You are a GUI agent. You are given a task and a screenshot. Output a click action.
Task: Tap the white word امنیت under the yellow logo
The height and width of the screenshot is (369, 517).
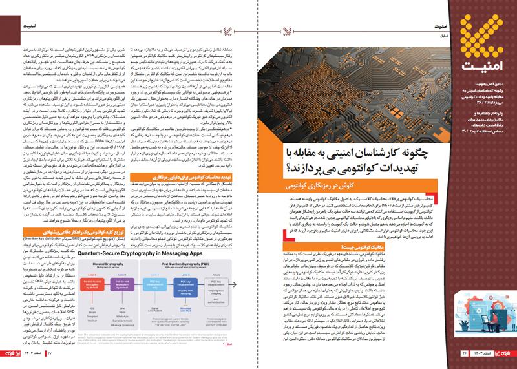pos(478,65)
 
